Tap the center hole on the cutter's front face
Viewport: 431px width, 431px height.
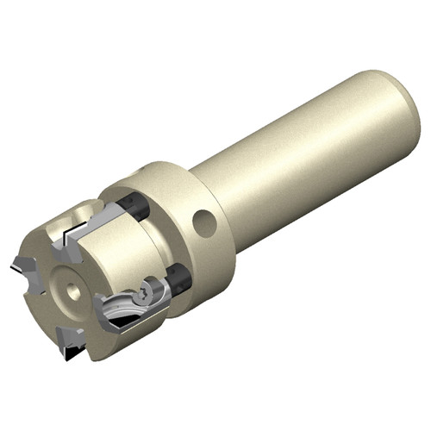[x=75, y=292]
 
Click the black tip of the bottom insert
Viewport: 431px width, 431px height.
[x=72, y=353]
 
